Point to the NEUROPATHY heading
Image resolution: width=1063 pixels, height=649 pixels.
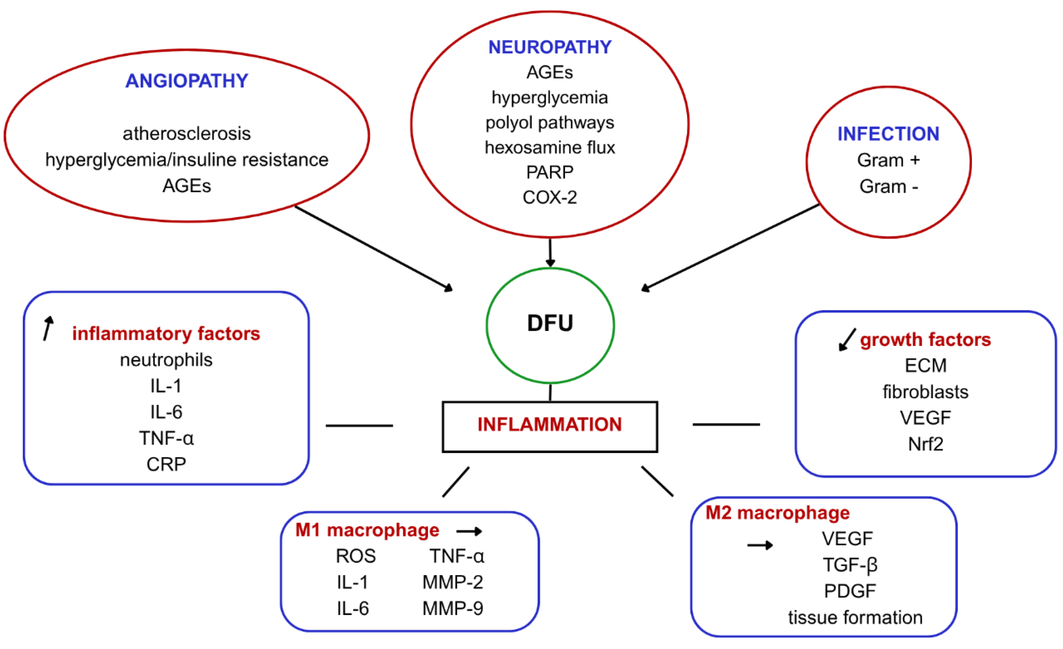point(550,47)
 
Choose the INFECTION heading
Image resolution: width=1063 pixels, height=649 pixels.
point(888,134)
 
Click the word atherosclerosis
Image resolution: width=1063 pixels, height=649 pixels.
point(187,133)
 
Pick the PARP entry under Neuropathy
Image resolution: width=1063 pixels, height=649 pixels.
point(550,172)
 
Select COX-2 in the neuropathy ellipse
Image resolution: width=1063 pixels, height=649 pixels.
point(550,197)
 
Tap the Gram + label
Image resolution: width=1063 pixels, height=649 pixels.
point(888,160)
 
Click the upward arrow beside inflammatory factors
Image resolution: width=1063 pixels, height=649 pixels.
point(48,328)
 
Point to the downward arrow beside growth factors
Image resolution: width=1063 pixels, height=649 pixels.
point(847,340)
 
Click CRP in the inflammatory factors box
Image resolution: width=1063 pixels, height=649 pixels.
point(166,464)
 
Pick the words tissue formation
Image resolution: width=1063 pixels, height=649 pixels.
point(855,617)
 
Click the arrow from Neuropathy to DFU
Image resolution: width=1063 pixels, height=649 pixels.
point(550,253)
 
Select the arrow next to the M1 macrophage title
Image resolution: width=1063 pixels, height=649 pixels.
point(469,531)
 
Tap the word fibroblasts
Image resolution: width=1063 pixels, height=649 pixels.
point(925,392)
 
